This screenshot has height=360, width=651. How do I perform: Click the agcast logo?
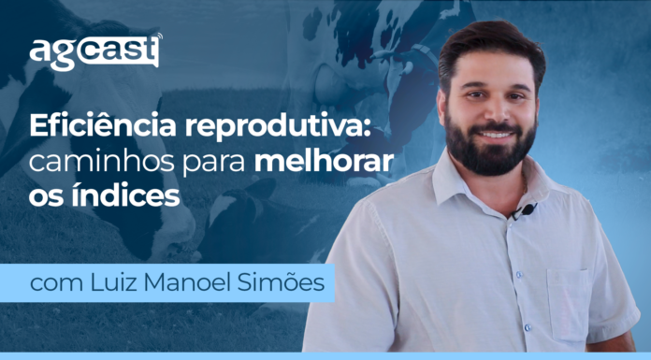(93, 52)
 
